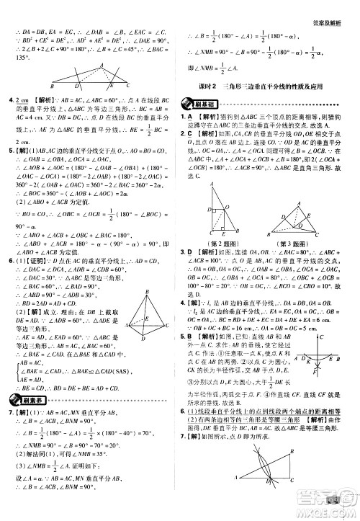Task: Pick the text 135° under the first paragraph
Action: (13, 58)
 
